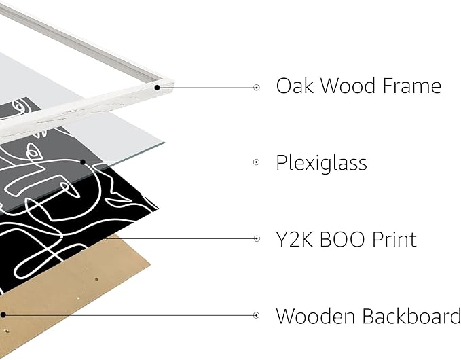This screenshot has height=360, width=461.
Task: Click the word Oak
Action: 295,86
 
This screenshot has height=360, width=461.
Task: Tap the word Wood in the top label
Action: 348,86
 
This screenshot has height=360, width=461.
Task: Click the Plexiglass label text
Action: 321,163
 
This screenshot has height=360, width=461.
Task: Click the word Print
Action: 394,239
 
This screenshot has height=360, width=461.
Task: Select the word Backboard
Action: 411,316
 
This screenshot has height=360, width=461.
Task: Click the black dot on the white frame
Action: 158,88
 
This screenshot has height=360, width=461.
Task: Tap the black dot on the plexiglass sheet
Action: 83,162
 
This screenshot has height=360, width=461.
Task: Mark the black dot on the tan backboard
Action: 3,315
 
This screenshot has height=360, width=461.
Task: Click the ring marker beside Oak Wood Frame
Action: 257,88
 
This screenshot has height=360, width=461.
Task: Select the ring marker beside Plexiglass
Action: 257,162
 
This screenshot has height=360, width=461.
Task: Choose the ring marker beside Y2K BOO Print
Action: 257,238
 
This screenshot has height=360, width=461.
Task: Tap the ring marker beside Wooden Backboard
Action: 256,315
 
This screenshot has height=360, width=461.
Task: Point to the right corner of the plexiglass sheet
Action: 164,143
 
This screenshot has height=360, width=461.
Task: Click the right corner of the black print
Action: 158,209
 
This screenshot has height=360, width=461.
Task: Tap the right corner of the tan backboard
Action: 150,265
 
